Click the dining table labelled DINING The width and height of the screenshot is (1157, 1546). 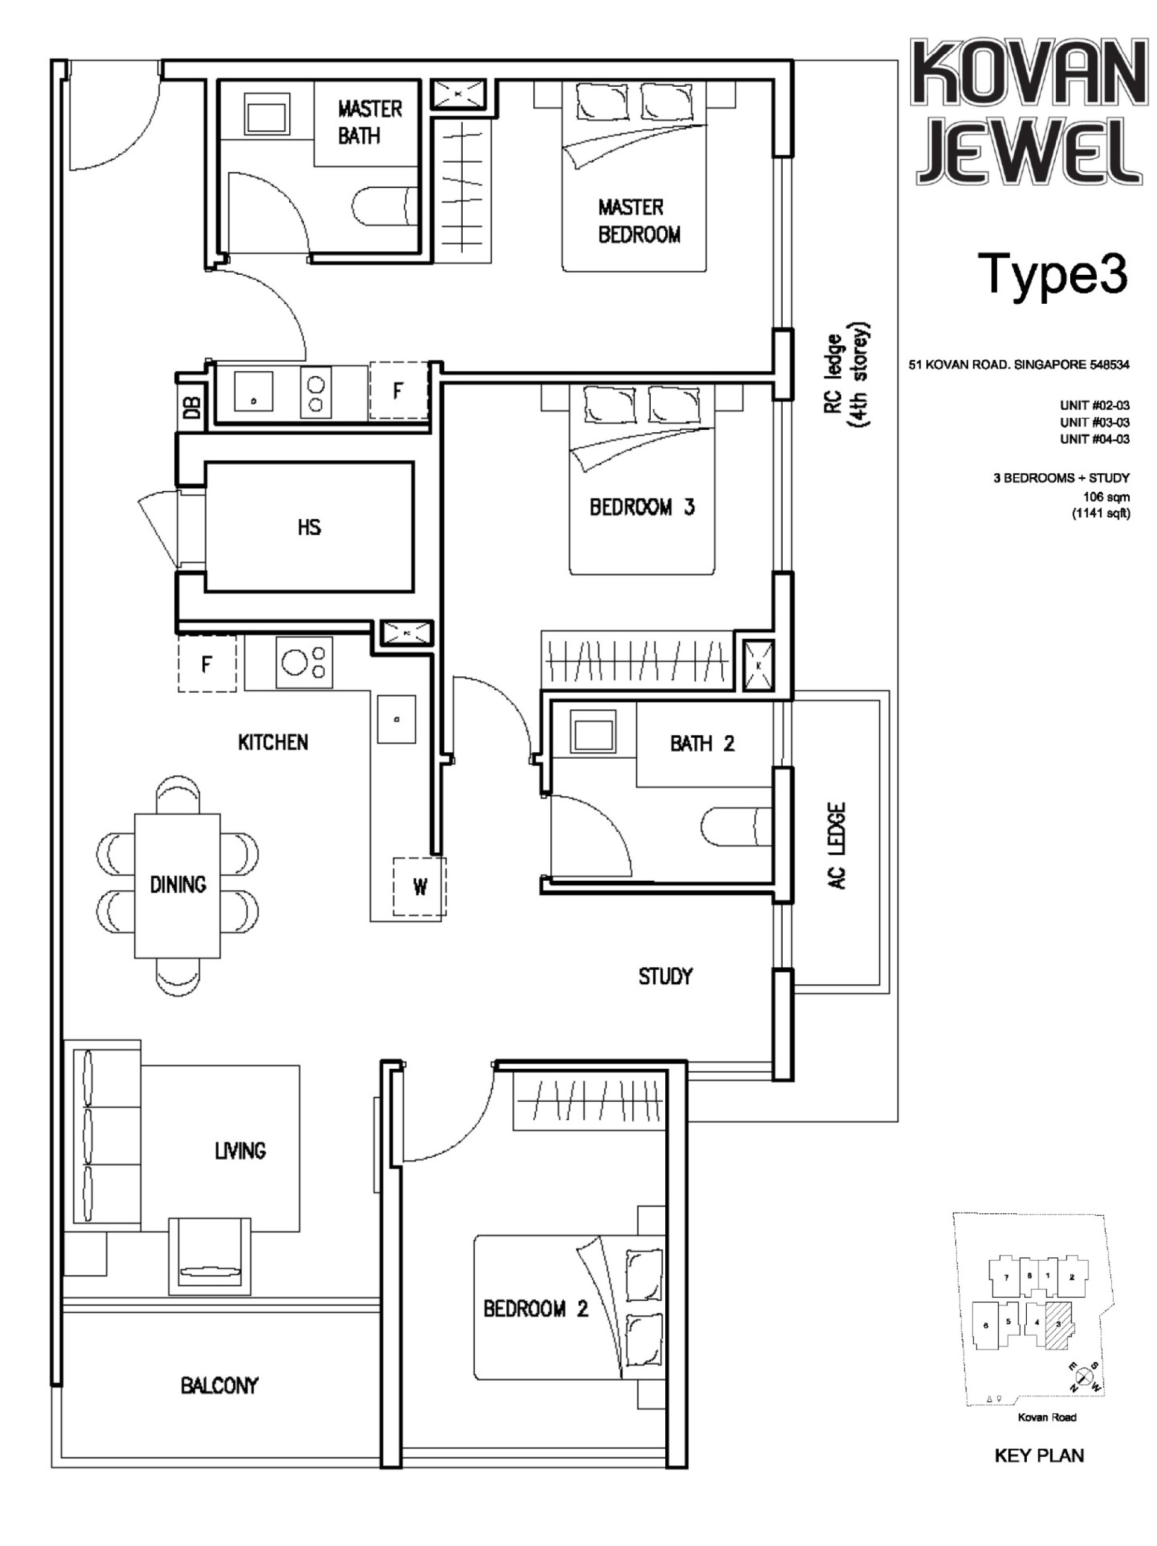point(177,885)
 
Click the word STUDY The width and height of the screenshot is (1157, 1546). point(665,976)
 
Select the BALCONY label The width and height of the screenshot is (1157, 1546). point(219,1384)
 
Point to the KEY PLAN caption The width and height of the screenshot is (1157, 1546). point(1038,1456)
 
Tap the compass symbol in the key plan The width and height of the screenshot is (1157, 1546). point(1083,1376)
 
